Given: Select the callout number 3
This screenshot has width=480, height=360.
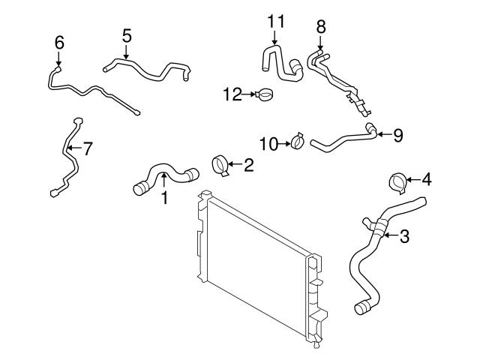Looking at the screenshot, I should pyautogui.click(x=404, y=237).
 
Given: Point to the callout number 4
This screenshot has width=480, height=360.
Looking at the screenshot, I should pyautogui.click(x=427, y=179).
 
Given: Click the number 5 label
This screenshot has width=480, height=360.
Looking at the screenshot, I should pyautogui.click(x=127, y=34).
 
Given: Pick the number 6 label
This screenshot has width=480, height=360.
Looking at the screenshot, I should pyautogui.click(x=59, y=43).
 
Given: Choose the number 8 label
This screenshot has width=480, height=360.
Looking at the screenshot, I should pyautogui.click(x=321, y=25).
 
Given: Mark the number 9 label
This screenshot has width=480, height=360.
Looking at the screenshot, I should pyautogui.click(x=397, y=135).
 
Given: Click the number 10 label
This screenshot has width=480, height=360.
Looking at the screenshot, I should pyautogui.click(x=268, y=142).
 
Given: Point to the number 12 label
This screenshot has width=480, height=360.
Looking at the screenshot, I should pyautogui.click(x=232, y=94).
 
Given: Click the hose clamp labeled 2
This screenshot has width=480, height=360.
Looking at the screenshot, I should pyautogui.click(x=223, y=164).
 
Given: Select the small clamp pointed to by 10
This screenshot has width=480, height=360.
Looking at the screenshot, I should pyautogui.click(x=298, y=141).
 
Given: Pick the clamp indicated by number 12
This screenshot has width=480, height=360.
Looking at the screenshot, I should pyautogui.click(x=262, y=95).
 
